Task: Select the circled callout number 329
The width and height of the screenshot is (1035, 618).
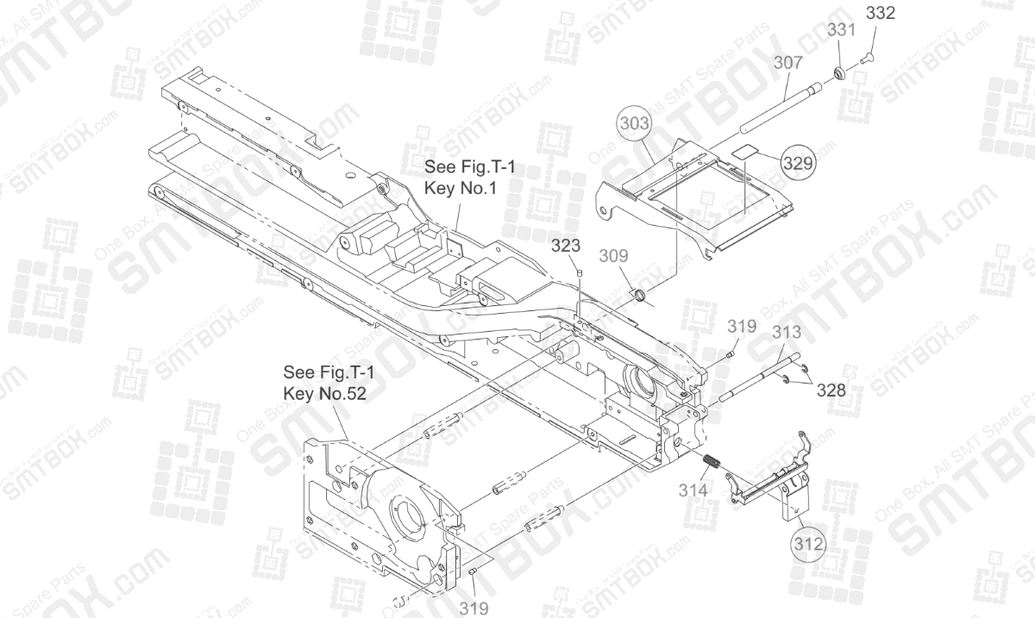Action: pyautogui.click(x=799, y=162)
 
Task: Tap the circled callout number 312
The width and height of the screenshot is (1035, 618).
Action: pyautogui.click(x=809, y=543)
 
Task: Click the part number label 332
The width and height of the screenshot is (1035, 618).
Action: pyautogui.click(x=880, y=14)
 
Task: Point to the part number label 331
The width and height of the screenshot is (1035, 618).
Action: pyautogui.click(x=841, y=29)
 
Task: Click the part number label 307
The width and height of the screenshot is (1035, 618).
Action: pyautogui.click(x=787, y=62)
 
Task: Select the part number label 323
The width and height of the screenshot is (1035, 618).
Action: pyautogui.click(x=567, y=246)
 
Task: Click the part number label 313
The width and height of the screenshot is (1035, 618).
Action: pyautogui.click(x=787, y=332)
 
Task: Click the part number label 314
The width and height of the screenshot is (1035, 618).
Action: pyautogui.click(x=693, y=490)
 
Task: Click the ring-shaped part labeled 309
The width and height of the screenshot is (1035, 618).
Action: pyautogui.click(x=638, y=297)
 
